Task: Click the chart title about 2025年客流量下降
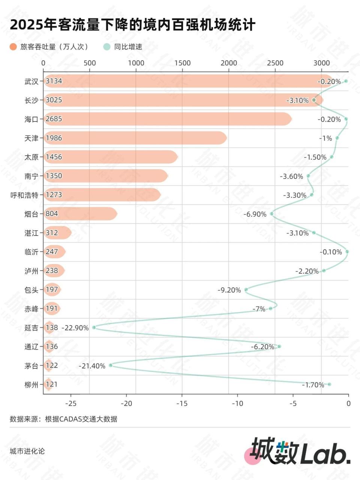pos(132,25)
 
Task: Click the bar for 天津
pos(135,138)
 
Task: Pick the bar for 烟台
pos(80,214)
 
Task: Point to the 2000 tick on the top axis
pos(229,63)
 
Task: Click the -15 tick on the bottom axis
pos(182,403)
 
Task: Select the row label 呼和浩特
pos(24,195)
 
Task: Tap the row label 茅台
pos(31,366)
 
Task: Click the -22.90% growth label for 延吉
pos(75,328)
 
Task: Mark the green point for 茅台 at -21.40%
pos(111,365)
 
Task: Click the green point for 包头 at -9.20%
pos(246,289)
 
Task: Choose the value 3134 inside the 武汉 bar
pos(54,81)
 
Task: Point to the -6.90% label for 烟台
pos(255,214)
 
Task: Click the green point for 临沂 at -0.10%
pos(347,252)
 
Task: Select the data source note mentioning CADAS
pos(63,419)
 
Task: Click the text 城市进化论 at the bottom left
pos(27,451)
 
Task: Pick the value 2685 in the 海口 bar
pos(54,119)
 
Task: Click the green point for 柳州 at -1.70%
pos(329,384)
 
